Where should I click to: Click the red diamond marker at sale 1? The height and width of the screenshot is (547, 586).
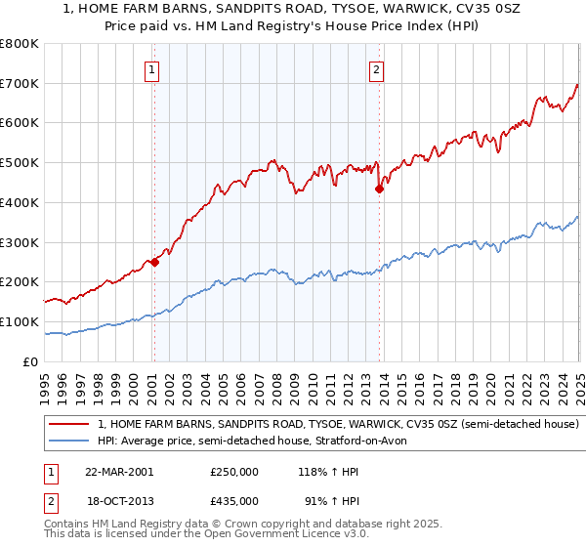154,262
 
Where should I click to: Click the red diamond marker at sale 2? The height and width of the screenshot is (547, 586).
379,189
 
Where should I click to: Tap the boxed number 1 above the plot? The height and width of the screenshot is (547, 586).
154,69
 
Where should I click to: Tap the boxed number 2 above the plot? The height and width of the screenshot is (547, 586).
377,69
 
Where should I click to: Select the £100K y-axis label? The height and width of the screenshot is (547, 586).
20,321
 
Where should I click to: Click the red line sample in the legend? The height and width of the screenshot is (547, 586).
68,425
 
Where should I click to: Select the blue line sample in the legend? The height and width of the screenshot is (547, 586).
68,441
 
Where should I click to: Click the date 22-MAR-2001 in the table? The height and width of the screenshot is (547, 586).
119,472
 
